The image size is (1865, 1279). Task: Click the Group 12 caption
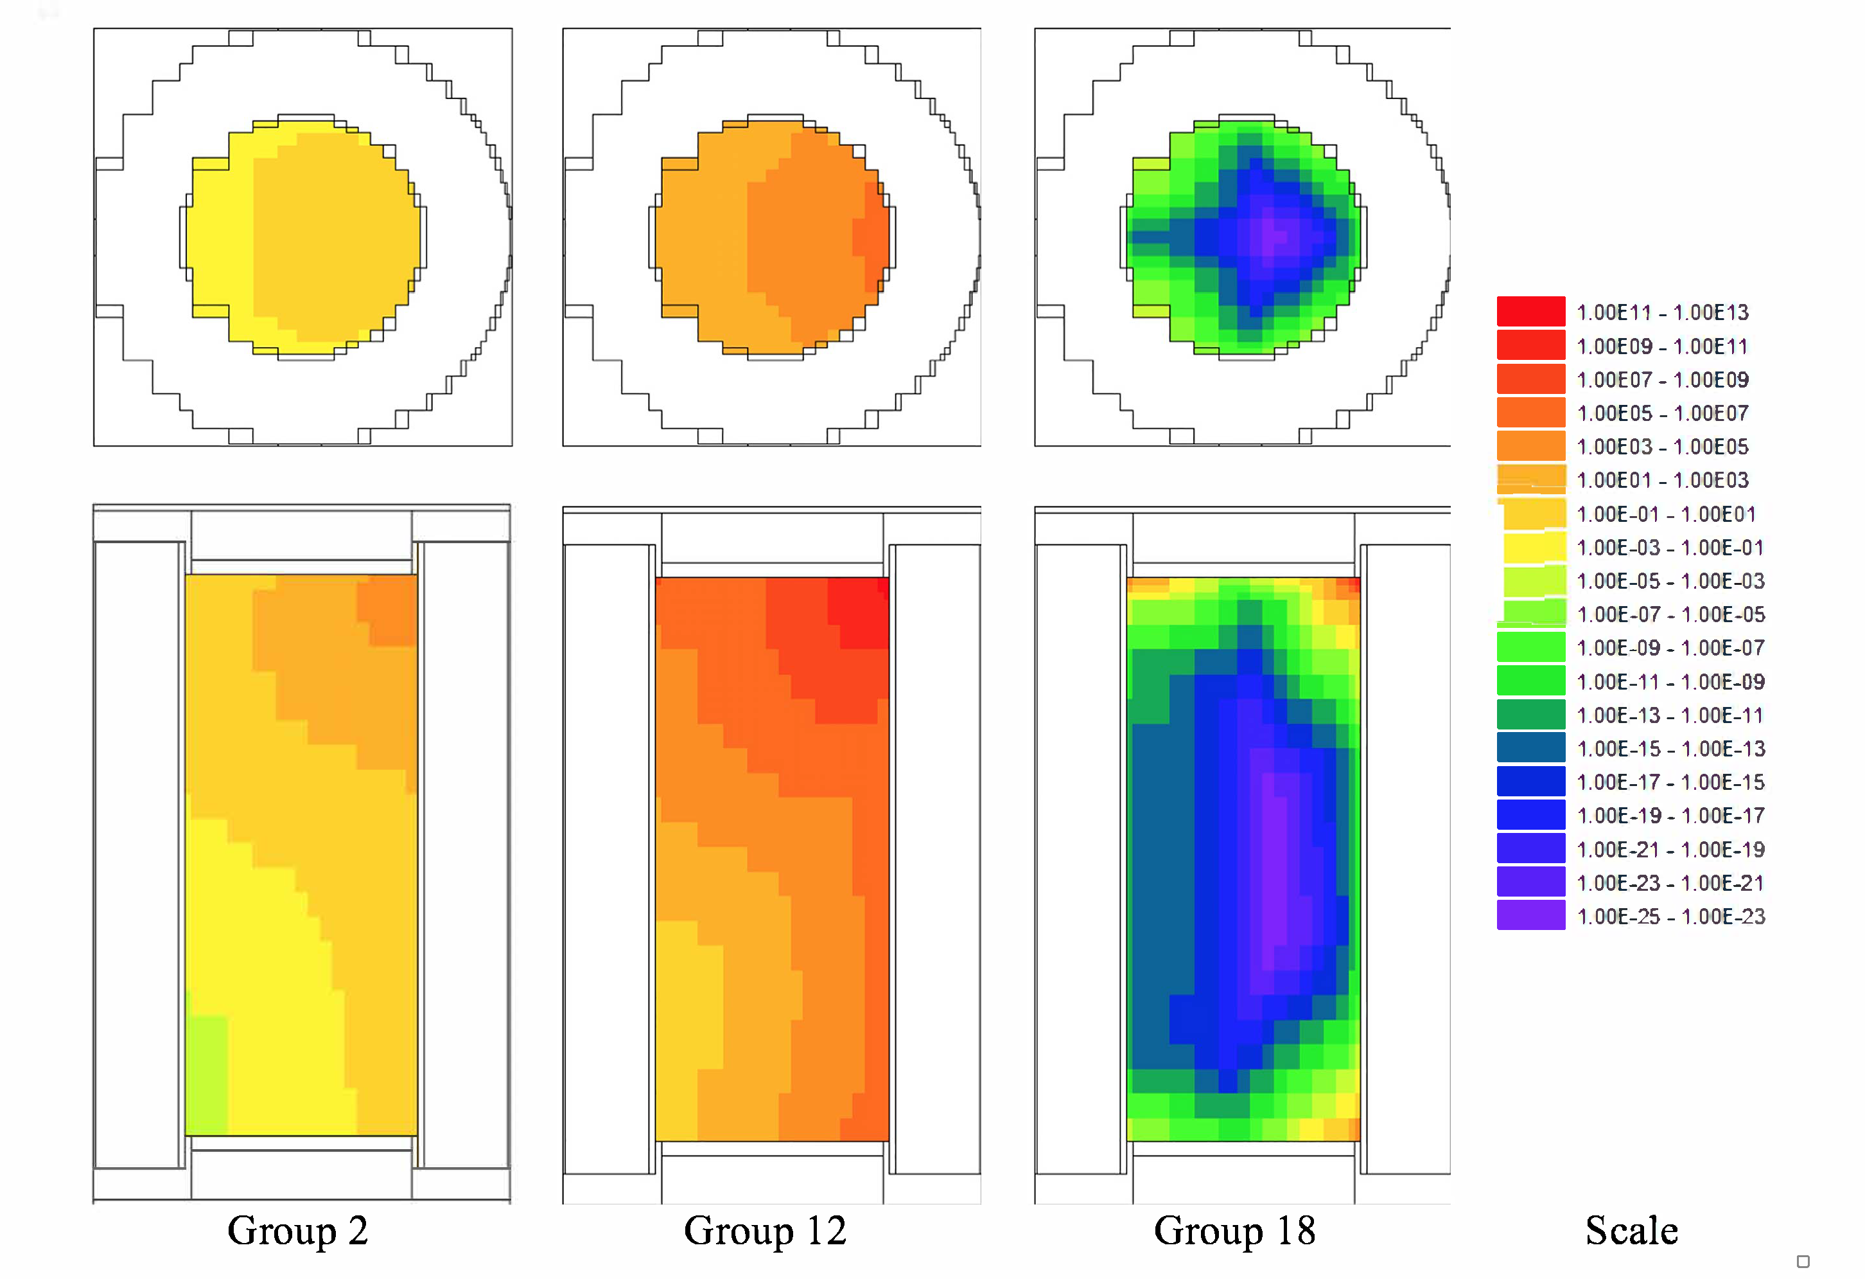click(765, 1231)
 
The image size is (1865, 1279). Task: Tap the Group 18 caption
click(1234, 1231)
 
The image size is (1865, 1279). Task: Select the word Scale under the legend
click(1631, 1231)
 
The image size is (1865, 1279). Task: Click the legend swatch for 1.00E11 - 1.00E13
click(1530, 312)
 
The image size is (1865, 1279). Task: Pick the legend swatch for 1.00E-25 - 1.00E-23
click(1530, 915)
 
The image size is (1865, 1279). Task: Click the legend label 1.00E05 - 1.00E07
click(1662, 413)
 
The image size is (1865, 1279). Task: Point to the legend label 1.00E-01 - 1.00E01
click(1666, 514)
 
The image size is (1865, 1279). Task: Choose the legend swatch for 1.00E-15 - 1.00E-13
click(1530, 747)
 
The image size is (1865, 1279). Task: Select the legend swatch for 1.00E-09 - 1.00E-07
click(1530, 647)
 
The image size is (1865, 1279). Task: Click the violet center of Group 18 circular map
click(1276, 235)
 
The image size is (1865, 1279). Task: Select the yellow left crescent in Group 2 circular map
click(221, 241)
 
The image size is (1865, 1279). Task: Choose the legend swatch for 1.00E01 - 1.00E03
click(1530, 479)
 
